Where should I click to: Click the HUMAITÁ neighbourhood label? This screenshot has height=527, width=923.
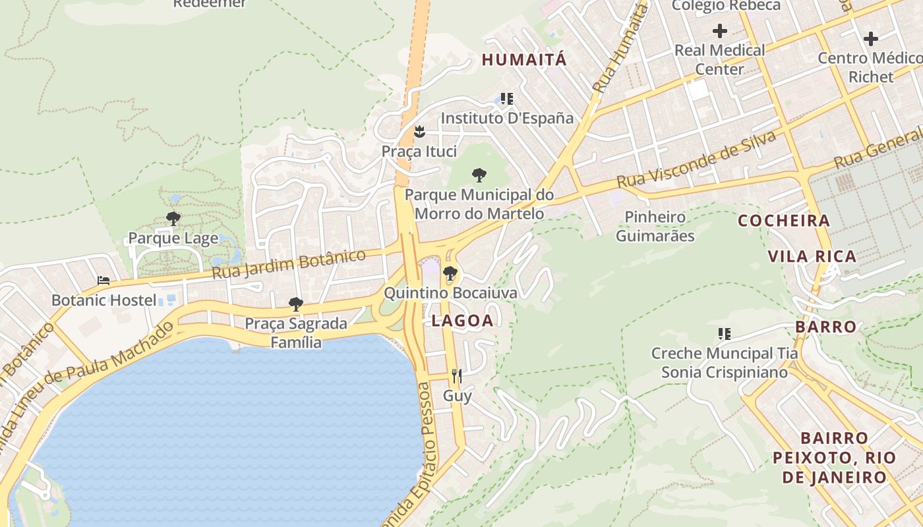tap(524, 59)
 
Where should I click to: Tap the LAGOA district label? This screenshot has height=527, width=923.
tap(462, 321)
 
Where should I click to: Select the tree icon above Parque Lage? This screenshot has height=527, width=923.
tap(173, 218)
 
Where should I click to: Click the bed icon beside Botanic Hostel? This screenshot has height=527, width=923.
tap(104, 281)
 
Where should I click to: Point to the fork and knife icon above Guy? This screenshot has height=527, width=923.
tap(456, 376)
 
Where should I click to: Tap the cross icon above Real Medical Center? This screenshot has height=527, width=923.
tap(720, 30)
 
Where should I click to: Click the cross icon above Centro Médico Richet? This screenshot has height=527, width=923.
tap(871, 38)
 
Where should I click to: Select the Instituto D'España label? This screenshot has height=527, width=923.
tap(507, 119)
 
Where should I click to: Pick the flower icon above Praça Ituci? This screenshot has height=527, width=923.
tap(419, 132)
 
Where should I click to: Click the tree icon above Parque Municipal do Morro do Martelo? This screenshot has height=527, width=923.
tap(479, 175)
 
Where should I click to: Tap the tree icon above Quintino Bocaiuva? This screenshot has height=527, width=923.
tap(450, 273)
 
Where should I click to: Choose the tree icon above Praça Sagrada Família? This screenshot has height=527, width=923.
tap(296, 304)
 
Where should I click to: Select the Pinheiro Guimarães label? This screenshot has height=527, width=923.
tap(655, 226)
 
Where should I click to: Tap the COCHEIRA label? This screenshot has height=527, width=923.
tap(784, 221)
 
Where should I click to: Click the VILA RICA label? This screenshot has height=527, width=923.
tap(812, 256)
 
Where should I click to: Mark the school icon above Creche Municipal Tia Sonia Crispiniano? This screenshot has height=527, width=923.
tap(725, 334)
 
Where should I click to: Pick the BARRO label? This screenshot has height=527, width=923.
tap(825, 327)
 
